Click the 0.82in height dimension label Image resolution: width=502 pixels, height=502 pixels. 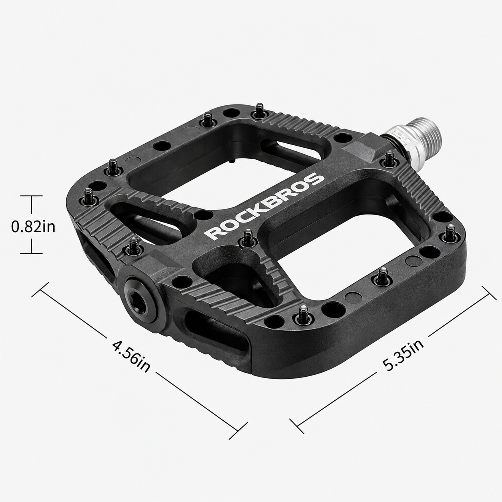tap(33, 227)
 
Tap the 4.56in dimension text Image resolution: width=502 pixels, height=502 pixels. tap(131, 356)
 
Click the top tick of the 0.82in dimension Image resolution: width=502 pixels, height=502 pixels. tap(32, 196)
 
